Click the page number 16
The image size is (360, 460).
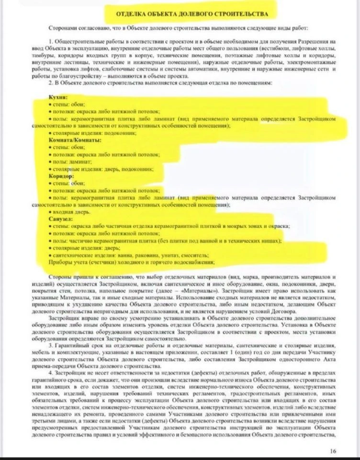[333, 450]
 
